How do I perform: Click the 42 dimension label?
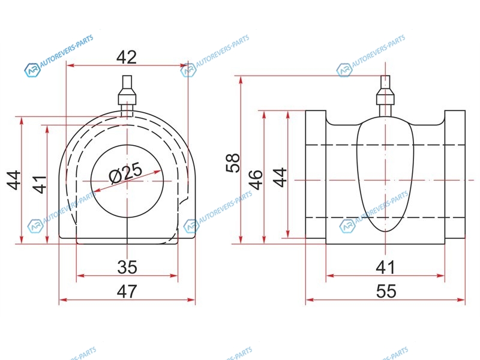coord(127,57)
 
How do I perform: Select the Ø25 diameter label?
coord(126,173)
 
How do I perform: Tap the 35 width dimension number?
coord(127,267)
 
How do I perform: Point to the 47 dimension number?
coord(127,291)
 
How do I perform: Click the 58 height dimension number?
coord(233,163)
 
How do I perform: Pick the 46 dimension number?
coord(256,179)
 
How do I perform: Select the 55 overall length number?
coord(386,291)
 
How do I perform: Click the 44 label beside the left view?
coord(14,181)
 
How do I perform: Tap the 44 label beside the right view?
coord(280,177)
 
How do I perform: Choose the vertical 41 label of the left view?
coord(40,184)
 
